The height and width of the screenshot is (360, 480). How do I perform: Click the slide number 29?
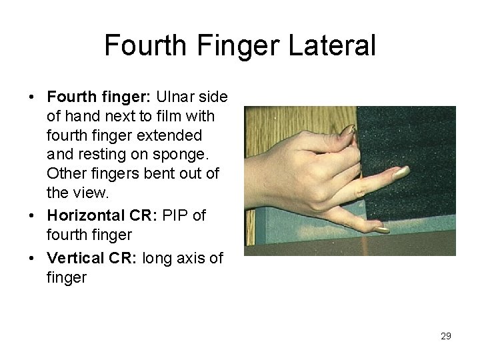[x=445, y=336]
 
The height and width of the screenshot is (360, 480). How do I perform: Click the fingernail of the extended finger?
[x=401, y=173]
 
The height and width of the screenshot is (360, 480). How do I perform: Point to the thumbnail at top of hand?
[x=349, y=131]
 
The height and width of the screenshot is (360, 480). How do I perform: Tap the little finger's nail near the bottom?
[x=381, y=230]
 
